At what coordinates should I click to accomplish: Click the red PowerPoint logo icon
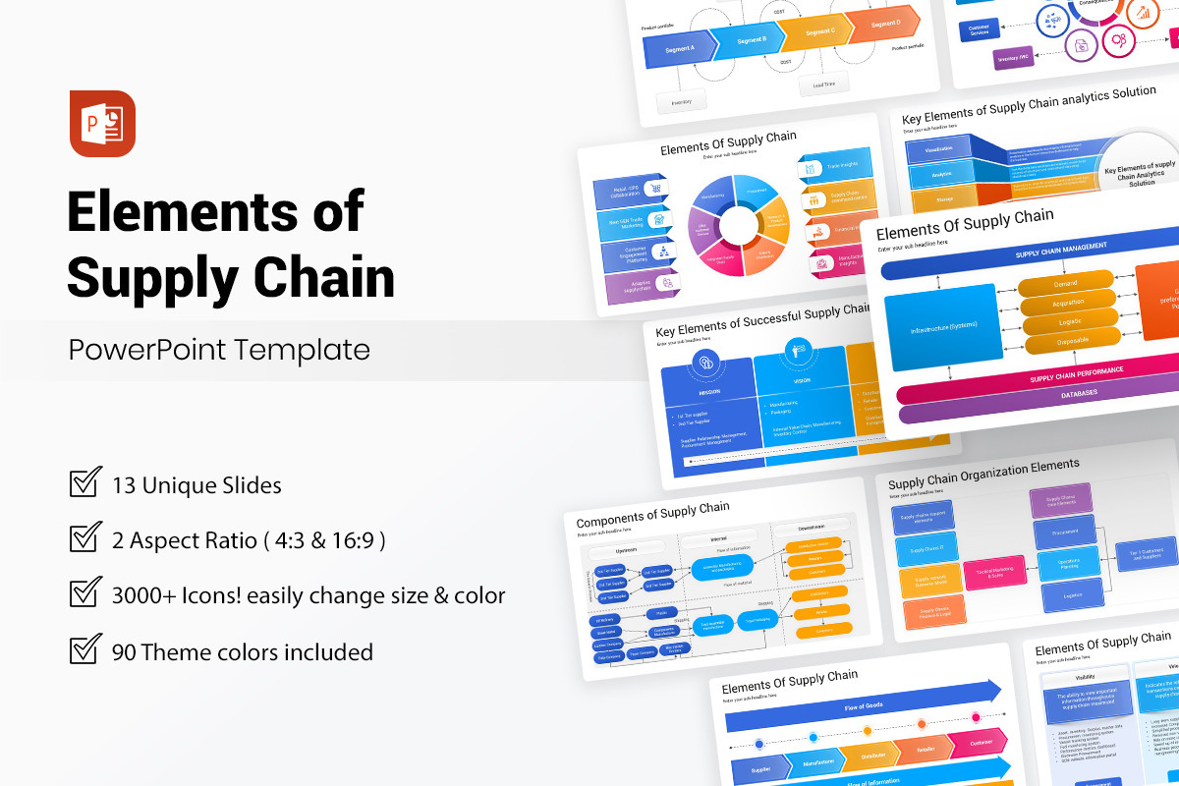102,123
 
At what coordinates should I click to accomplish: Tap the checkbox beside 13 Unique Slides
85,483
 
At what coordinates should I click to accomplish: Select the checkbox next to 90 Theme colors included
85,650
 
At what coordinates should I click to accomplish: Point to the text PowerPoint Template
219,350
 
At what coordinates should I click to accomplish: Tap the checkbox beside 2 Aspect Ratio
85,538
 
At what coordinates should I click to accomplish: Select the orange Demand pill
1065,283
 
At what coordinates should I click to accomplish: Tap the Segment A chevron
679,48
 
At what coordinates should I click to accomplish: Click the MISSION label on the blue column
709,391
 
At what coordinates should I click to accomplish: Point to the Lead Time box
823,84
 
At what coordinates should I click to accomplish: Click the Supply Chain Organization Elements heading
983,474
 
